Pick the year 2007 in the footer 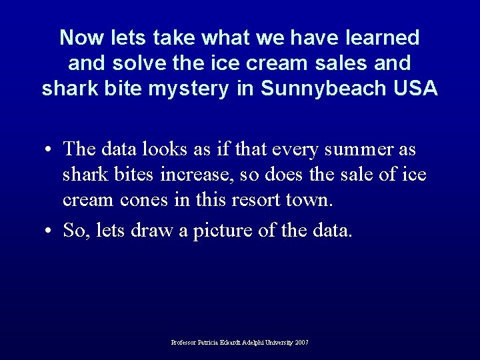[x=302, y=342]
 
